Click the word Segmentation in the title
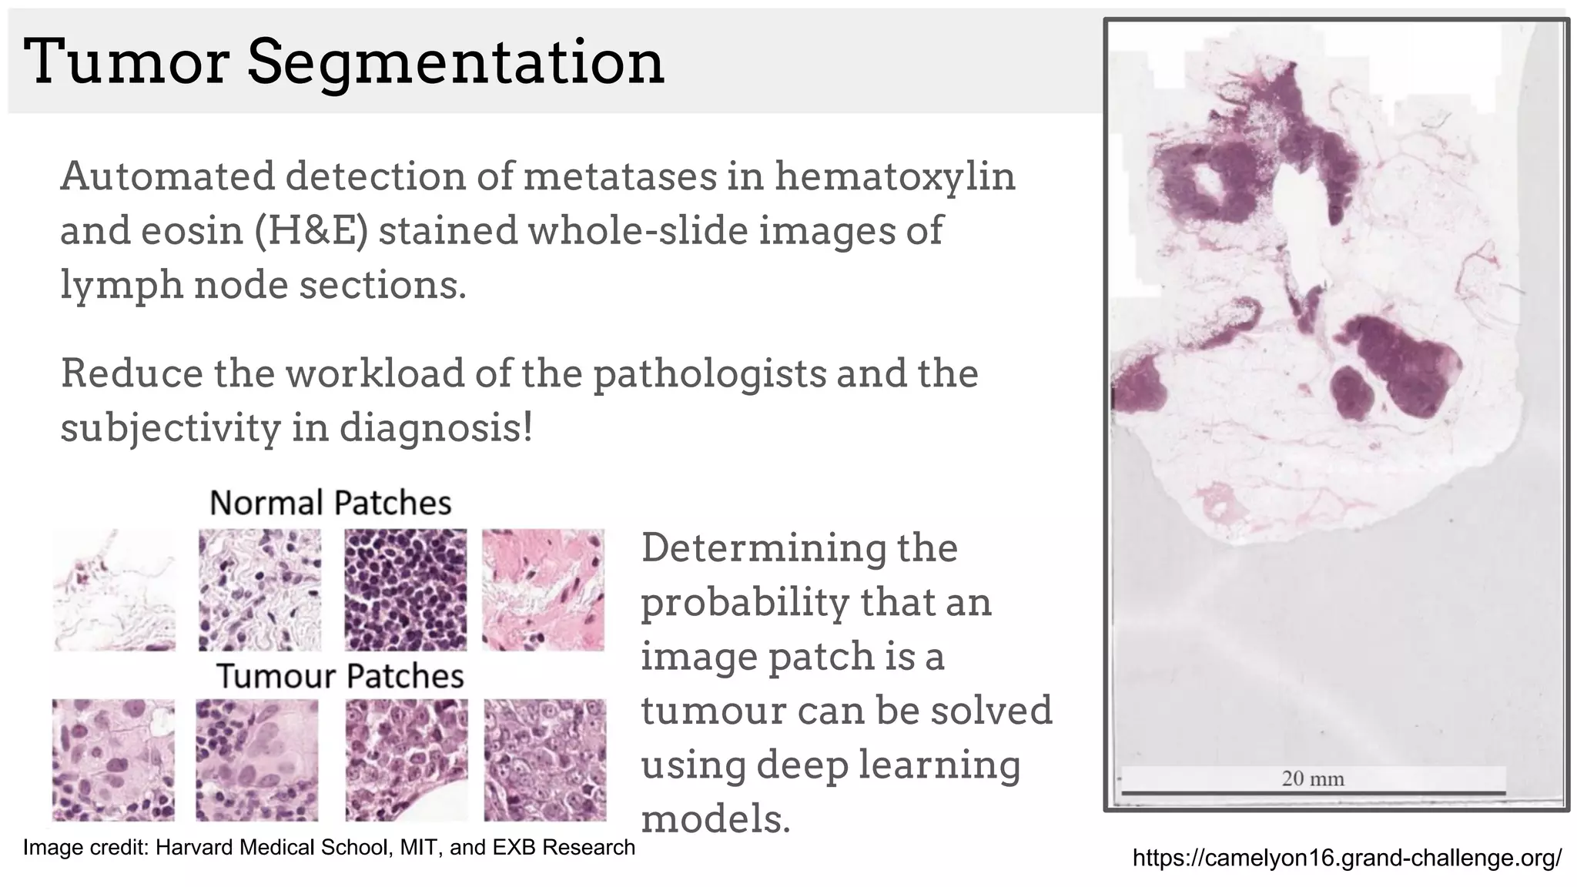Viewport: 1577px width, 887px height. (x=455, y=63)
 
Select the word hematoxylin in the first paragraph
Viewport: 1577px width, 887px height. (x=895, y=176)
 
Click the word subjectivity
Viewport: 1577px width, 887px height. (x=170, y=428)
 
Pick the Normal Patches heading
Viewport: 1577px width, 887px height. (x=330, y=503)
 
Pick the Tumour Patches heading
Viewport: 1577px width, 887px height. (x=340, y=676)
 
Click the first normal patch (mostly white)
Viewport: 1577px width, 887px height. (x=114, y=590)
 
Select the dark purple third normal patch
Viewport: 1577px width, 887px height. (x=405, y=590)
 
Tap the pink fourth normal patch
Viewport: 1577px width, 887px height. (x=544, y=590)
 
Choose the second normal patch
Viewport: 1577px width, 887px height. (x=260, y=590)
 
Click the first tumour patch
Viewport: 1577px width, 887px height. (x=113, y=760)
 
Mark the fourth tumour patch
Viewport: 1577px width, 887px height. (x=545, y=760)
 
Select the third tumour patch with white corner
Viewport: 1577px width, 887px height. (x=407, y=760)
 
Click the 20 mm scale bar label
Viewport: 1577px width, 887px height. (x=1313, y=778)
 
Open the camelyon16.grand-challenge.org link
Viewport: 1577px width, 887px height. (x=1347, y=858)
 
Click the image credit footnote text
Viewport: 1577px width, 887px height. (x=329, y=848)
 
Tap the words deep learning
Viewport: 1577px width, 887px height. (x=888, y=765)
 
